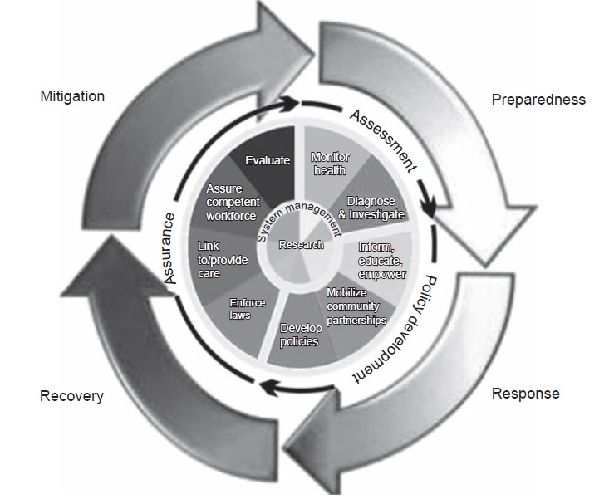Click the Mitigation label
click(72, 96)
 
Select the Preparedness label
click(538, 100)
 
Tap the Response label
click(525, 394)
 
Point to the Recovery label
click(71, 396)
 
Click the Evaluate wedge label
click(268, 160)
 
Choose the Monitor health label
click(330, 164)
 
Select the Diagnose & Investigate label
click(371, 208)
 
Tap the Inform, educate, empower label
click(382, 261)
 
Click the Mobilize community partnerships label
click(356, 306)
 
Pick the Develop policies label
click(301, 335)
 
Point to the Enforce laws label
click(248, 309)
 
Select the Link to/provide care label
click(223, 260)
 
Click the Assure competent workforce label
click(233, 203)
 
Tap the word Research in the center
click(301, 245)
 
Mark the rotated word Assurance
click(169, 248)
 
